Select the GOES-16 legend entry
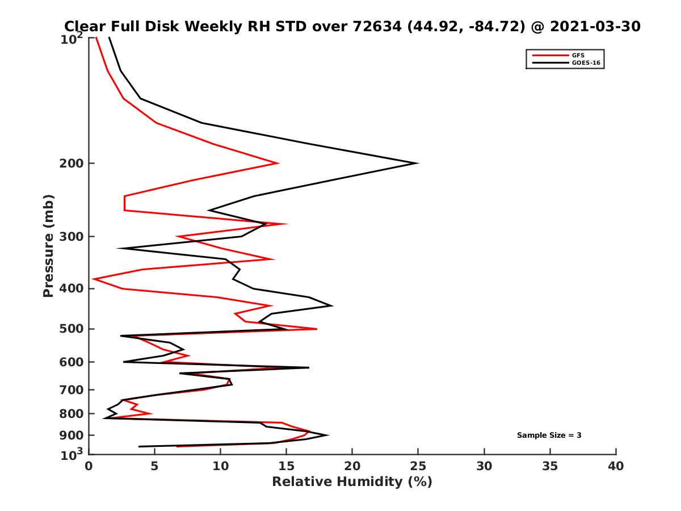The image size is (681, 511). click(x=585, y=63)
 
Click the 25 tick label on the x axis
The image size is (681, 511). click(x=418, y=466)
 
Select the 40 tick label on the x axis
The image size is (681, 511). click(x=616, y=466)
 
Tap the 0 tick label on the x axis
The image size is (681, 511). click(x=89, y=466)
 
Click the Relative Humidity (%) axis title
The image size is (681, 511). click(x=352, y=482)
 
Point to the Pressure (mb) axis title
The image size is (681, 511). click(x=48, y=245)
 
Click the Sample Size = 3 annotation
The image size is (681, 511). click(x=549, y=435)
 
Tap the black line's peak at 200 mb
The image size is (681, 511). click(x=418, y=163)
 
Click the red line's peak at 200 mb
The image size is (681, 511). click(x=278, y=163)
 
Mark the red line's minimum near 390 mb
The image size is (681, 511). click(x=94, y=279)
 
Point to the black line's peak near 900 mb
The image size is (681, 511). click(x=328, y=435)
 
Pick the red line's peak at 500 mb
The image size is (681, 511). click(x=317, y=329)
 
